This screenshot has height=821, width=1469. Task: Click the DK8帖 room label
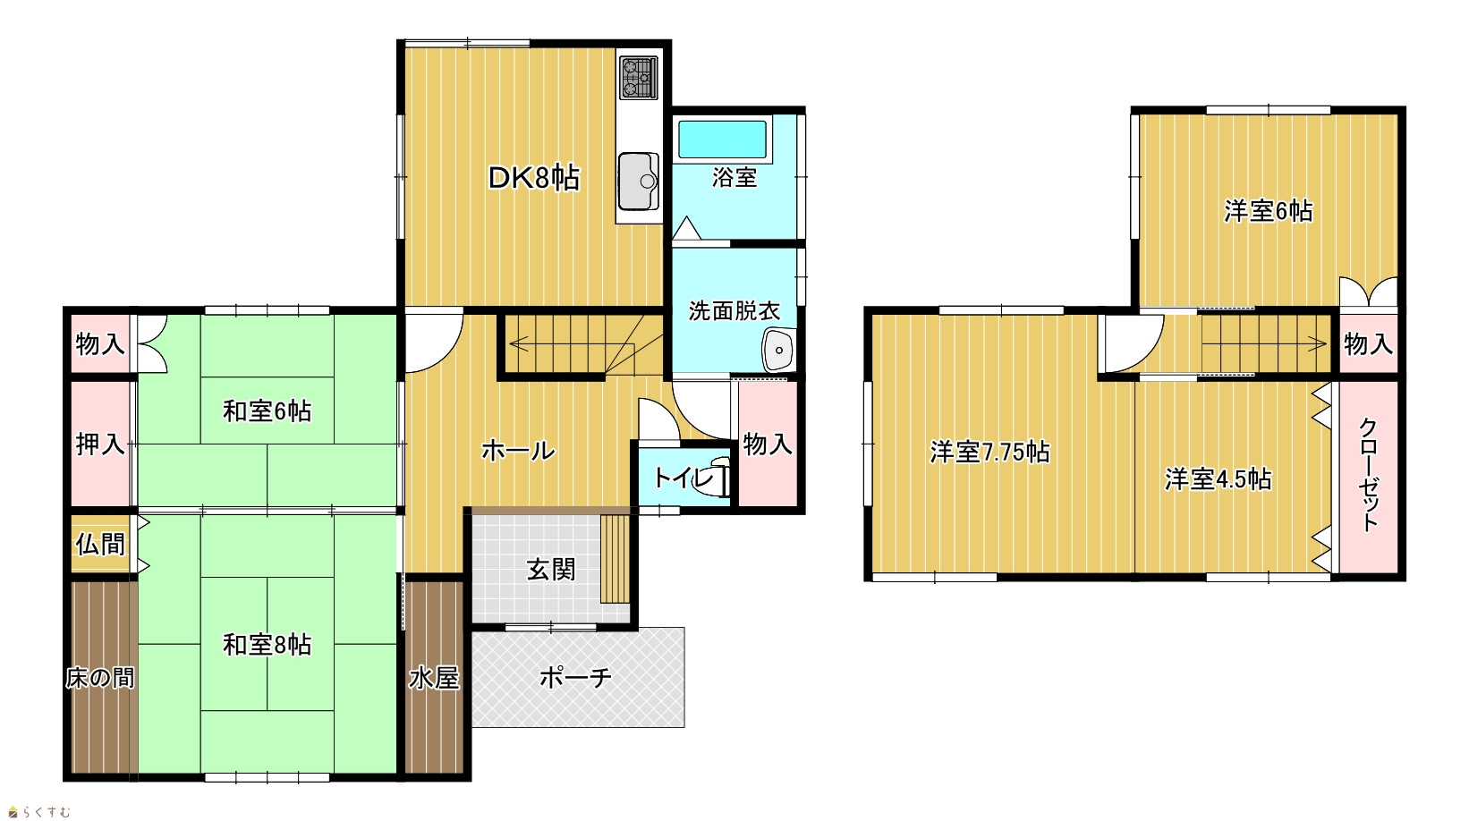(x=534, y=178)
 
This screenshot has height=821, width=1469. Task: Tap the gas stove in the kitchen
(x=639, y=78)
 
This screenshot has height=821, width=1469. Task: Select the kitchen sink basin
(x=639, y=181)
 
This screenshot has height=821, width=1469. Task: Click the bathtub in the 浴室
(x=722, y=140)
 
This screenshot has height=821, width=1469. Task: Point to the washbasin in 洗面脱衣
(x=778, y=350)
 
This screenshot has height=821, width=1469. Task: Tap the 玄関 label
(x=551, y=570)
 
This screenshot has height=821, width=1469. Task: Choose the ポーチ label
(x=575, y=677)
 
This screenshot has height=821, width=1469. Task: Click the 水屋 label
(x=434, y=678)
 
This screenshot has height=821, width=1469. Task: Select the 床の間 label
(x=99, y=678)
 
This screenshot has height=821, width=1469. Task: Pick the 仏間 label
(x=99, y=545)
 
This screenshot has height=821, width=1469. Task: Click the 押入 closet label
(x=99, y=444)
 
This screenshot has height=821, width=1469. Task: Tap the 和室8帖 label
(x=267, y=645)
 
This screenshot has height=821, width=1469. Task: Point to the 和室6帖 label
(x=267, y=411)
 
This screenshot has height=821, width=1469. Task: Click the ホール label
(x=518, y=451)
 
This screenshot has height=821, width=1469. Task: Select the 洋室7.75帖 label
(x=989, y=453)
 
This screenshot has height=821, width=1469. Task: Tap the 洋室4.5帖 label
(x=1218, y=479)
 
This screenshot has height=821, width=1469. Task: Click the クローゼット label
(x=1368, y=475)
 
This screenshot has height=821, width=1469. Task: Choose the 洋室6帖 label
(x=1269, y=211)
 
